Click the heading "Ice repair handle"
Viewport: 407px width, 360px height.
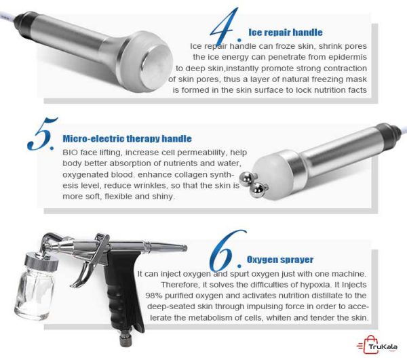pyautogui.click(x=286, y=33)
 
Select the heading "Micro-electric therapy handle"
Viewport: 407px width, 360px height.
pyautogui.click(x=128, y=138)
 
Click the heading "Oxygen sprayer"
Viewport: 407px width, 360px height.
pyautogui.click(x=280, y=260)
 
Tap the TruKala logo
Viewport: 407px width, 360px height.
pyautogui.click(x=376, y=345)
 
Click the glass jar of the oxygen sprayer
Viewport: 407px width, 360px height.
pyautogui.click(x=35, y=292)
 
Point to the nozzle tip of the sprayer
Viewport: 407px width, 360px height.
pyautogui.click(x=184, y=248)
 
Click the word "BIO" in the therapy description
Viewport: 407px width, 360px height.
pyautogui.click(x=70, y=153)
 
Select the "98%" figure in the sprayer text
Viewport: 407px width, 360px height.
pyautogui.click(x=154, y=296)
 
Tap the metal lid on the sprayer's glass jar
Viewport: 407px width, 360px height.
pyautogui.click(x=41, y=262)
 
